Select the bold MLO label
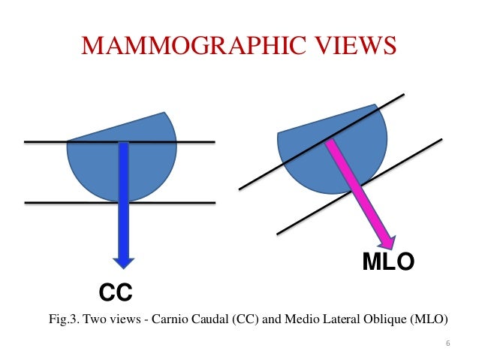pyautogui.click(x=388, y=263)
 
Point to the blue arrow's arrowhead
pyautogui.click(x=124, y=261)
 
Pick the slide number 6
pyautogui.click(x=448, y=344)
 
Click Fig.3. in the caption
pyautogui.click(x=65, y=319)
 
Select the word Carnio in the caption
pyautogui.click(x=167, y=319)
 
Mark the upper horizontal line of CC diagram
pyautogui.click(x=45, y=142)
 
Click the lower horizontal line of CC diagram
pyautogui.click(x=45, y=202)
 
